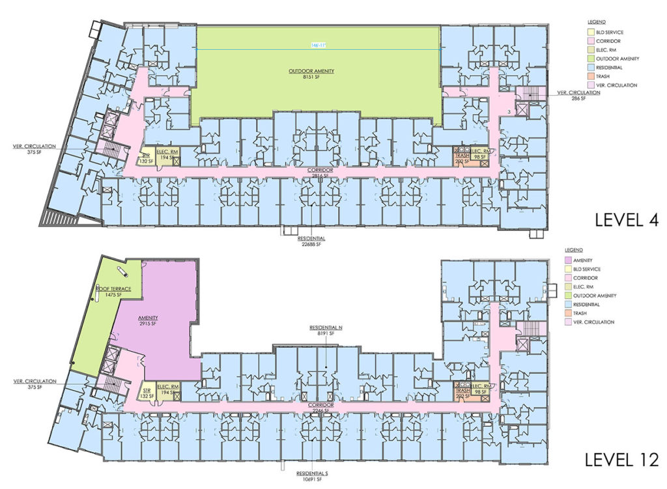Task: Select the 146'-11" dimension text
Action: pos(319,45)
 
